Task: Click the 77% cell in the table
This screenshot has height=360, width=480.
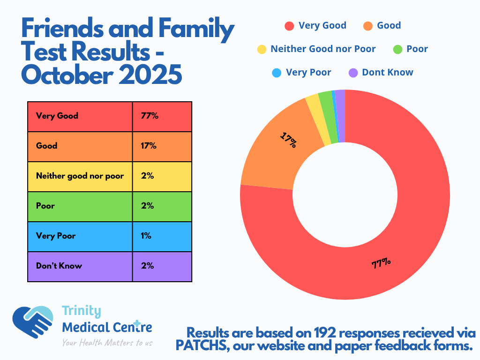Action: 150,116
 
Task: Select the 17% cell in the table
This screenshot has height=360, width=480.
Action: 149,146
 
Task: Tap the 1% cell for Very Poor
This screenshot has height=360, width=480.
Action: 146,236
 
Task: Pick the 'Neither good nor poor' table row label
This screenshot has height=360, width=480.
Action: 80,176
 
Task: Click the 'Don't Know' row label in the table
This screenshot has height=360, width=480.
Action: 59,266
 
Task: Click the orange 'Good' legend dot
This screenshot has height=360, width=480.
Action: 368,26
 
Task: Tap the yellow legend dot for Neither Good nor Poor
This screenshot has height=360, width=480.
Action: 262,49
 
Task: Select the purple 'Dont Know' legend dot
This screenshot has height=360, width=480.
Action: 353,73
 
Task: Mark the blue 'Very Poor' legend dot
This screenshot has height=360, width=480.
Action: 277,73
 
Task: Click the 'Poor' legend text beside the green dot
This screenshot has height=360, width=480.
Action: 417,49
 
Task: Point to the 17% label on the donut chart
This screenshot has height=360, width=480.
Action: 288,140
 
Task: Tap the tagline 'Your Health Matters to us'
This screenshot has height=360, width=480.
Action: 107,343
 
